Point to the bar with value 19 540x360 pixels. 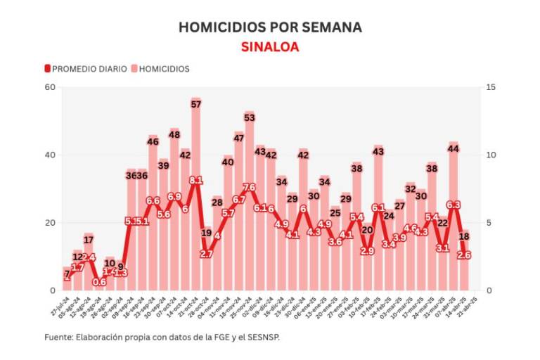click(206, 260)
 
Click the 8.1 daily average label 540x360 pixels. click(195, 181)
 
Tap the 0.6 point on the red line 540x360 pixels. click(99, 283)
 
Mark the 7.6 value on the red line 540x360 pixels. click(249, 188)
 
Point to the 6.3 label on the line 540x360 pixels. click(453, 205)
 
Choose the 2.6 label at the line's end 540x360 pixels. click(463, 255)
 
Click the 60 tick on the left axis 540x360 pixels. click(50, 87)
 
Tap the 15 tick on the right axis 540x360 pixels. click(489, 87)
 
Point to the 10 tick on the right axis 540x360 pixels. click(489, 155)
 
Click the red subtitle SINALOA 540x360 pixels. click(270, 47)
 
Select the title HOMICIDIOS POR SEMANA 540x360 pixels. click(270, 27)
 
